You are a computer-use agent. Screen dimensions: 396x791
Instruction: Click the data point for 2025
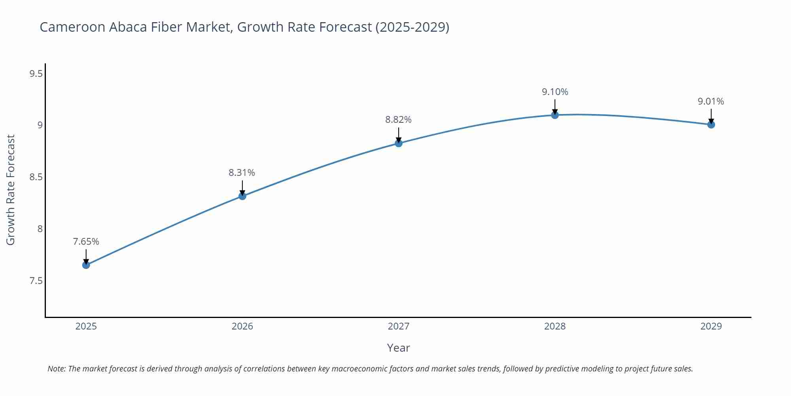86,265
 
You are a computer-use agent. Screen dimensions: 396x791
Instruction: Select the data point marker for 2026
242,196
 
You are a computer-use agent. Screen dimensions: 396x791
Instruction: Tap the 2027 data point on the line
399,143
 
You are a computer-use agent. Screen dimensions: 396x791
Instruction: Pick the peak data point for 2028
555,115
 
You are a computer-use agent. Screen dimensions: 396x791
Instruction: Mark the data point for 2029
711,124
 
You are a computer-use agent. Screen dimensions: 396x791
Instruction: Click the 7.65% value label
86,242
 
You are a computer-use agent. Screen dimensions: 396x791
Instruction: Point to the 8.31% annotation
242,173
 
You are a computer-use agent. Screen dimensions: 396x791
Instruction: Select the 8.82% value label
398,120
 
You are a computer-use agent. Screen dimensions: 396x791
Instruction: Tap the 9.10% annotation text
555,92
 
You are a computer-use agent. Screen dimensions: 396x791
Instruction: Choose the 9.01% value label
711,101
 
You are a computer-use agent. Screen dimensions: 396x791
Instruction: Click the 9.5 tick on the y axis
36,74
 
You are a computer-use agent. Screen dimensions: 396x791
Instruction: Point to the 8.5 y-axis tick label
36,177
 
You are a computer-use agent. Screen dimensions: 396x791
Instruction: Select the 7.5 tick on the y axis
36,281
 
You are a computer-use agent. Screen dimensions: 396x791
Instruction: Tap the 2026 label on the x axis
242,326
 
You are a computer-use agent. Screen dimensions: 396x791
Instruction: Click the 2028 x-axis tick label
555,326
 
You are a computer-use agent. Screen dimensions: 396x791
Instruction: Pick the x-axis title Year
398,348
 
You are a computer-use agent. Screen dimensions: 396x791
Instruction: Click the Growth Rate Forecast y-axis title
11,190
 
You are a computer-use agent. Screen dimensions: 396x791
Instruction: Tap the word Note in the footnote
56,369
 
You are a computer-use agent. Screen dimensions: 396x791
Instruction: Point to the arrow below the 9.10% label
555,106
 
